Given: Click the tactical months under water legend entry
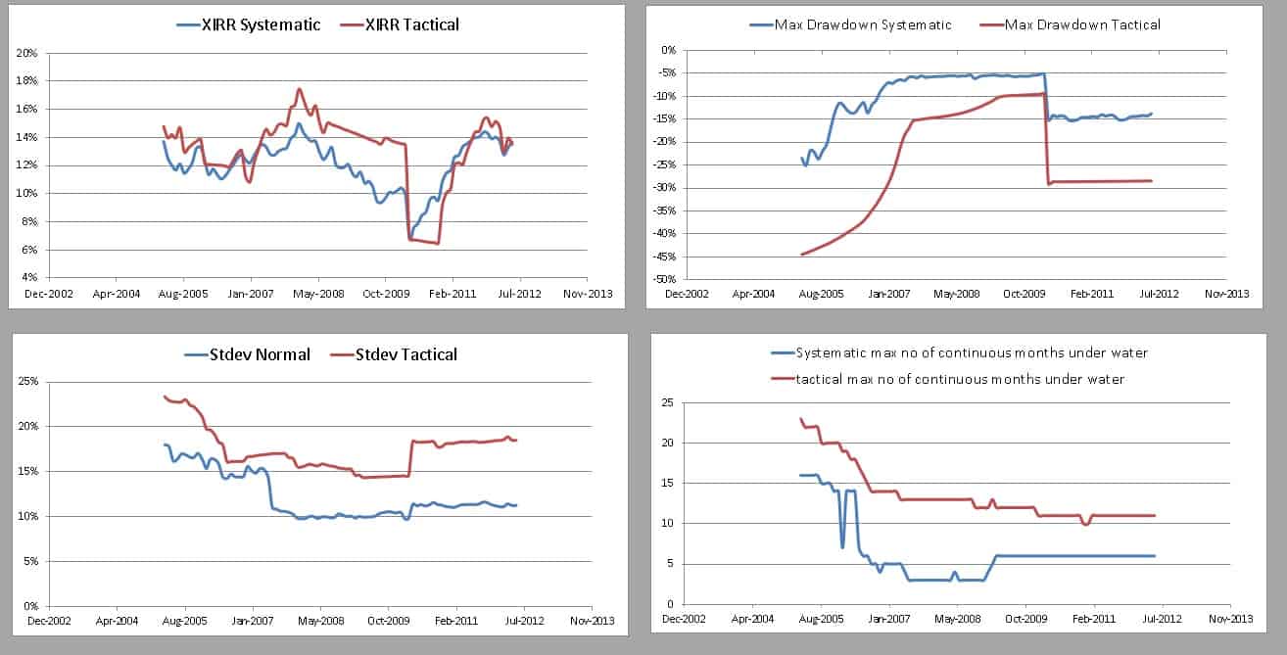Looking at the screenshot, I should point(947,378).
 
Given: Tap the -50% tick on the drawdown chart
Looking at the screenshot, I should point(664,279).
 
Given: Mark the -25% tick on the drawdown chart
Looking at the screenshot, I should point(664,164).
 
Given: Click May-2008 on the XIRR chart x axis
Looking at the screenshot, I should point(317,293).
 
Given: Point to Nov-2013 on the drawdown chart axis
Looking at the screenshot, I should point(1226,293).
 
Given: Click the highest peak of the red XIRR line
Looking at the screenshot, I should point(300,89).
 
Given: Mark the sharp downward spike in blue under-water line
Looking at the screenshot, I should point(842,546).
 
